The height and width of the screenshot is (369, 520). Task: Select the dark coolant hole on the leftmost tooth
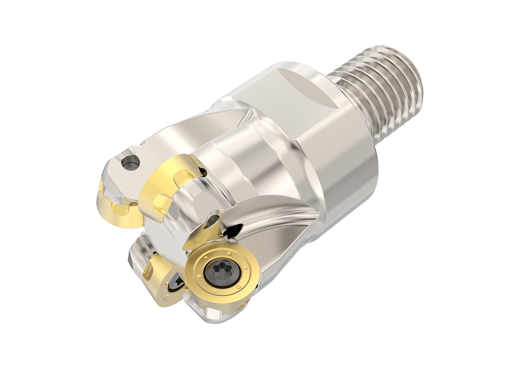[131, 163]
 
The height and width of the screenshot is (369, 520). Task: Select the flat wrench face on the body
[284, 102]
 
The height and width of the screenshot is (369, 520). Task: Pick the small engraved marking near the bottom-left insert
[136, 271]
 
